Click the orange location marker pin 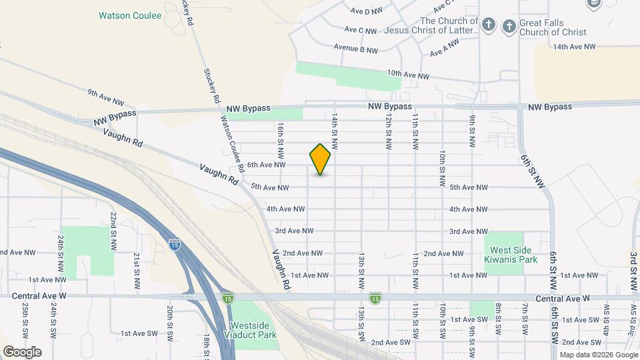pyautogui.click(x=320, y=159)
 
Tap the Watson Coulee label pyautogui.click(x=130, y=15)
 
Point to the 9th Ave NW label pyautogui.click(x=106, y=97)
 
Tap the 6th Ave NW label pyautogui.click(x=267, y=165)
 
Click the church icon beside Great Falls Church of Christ pyautogui.click(x=509, y=26)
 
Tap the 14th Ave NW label pyautogui.click(x=575, y=47)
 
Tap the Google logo pyautogui.click(x=22, y=351)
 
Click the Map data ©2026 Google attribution pyautogui.click(x=598, y=355)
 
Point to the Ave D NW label pyautogui.click(x=367, y=11)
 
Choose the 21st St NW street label pyautogui.click(x=137, y=265)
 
